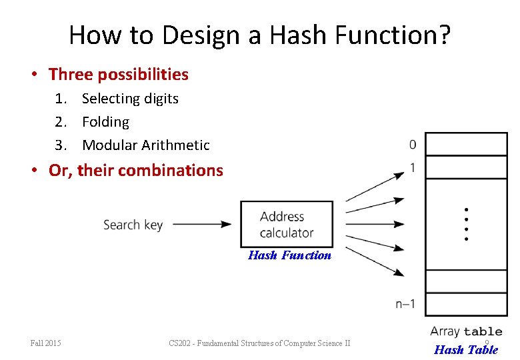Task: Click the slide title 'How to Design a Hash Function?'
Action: tap(259, 35)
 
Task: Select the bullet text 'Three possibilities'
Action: tap(118, 74)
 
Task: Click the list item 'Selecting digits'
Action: tap(130, 99)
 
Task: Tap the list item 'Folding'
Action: tap(105, 122)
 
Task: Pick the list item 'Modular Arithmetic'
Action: tap(145, 145)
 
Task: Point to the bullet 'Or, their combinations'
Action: tap(135, 170)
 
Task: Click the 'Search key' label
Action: tap(133, 225)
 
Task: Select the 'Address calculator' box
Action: tap(286, 224)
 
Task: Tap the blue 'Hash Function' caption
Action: tap(289, 255)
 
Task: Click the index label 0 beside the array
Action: tap(413, 145)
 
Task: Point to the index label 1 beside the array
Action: tap(413, 168)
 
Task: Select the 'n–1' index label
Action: tap(405, 305)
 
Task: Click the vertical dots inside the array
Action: tap(466, 224)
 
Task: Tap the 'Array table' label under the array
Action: tap(465, 331)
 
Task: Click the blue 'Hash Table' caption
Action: tap(465, 349)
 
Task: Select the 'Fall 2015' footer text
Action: tap(46, 343)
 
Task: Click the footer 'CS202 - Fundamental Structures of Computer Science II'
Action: tap(259, 343)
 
